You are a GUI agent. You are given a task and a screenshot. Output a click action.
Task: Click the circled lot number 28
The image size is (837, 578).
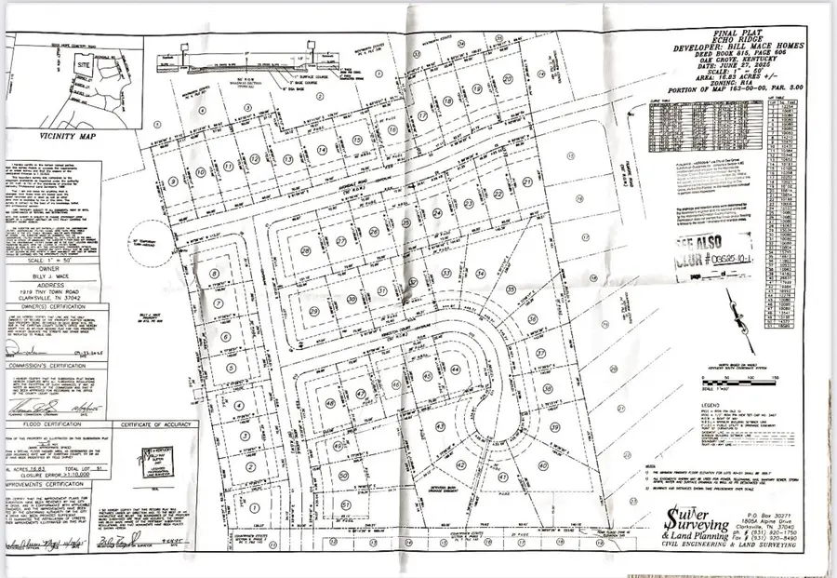304,251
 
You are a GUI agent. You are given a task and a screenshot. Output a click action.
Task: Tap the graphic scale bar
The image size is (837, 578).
718,379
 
